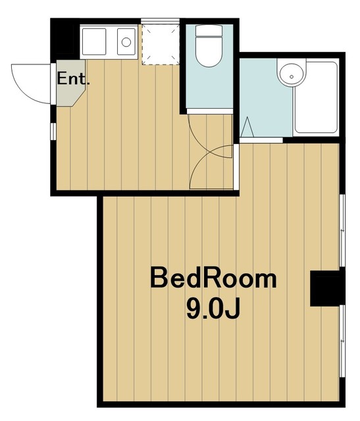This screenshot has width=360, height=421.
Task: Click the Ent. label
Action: (x=74, y=79)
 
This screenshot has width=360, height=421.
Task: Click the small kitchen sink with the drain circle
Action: (x=125, y=42)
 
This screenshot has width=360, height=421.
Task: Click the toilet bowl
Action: (x=210, y=56)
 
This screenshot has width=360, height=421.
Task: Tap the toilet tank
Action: (x=210, y=32)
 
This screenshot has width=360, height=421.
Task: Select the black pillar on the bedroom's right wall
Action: (x=326, y=287)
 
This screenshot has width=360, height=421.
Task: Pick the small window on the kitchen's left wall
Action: (x=53, y=130)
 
